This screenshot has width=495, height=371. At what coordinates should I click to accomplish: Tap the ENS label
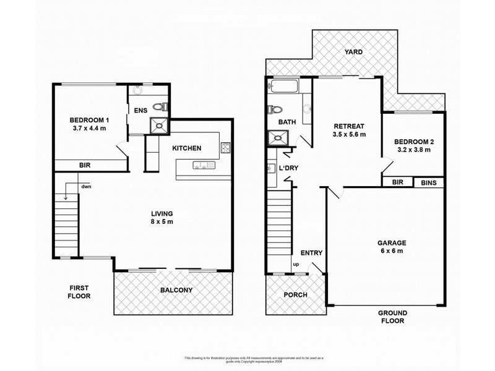(140, 111)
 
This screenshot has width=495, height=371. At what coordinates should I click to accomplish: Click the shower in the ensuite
(160, 126)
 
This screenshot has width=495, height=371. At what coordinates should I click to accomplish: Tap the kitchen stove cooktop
(225, 148)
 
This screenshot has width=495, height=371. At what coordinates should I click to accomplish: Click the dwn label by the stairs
(85, 185)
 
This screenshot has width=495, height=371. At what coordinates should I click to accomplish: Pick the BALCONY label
(176, 290)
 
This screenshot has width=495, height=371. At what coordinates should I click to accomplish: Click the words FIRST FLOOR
(80, 292)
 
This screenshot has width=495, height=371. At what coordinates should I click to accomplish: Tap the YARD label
(354, 53)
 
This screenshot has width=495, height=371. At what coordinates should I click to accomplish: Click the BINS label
(428, 183)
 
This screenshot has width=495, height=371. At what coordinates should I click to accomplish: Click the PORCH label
(295, 294)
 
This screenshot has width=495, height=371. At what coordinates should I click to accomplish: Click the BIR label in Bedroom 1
(85, 165)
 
